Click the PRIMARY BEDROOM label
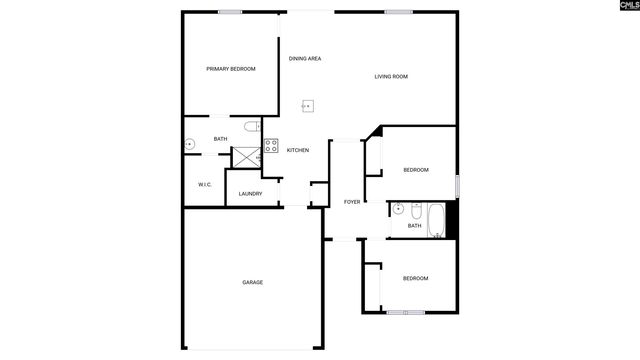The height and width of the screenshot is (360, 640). [230, 69]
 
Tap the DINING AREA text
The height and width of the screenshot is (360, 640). [305, 59]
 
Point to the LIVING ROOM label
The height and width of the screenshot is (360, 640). [391, 77]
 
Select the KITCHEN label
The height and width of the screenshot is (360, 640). [298, 150]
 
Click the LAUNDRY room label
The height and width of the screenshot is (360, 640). [250, 193]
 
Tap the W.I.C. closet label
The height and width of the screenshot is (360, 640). [204, 184]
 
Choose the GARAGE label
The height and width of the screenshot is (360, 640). [252, 282]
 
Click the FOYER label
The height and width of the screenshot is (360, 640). [351, 202]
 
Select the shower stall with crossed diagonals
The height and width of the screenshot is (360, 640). [245, 156]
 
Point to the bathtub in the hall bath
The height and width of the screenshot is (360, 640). [436, 218]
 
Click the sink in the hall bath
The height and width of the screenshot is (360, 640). [397, 210]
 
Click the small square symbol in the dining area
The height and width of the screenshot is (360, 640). [309, 105]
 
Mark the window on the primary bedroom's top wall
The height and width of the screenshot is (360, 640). [231, 12]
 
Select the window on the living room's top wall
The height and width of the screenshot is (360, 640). [399, 12]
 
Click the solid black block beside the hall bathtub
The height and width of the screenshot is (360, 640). [451, 218]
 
